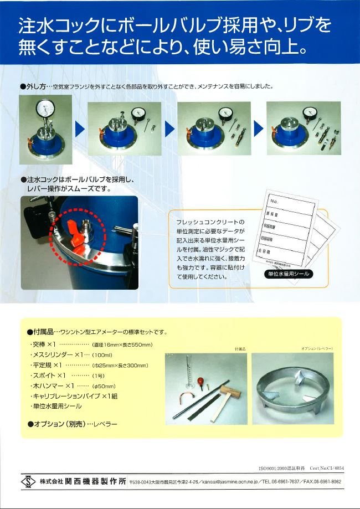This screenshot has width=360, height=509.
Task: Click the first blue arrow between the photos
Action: click(80, 129)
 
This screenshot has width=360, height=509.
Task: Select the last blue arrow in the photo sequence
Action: click(258, 129)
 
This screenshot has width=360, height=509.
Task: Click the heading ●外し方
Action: click(34, 86)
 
